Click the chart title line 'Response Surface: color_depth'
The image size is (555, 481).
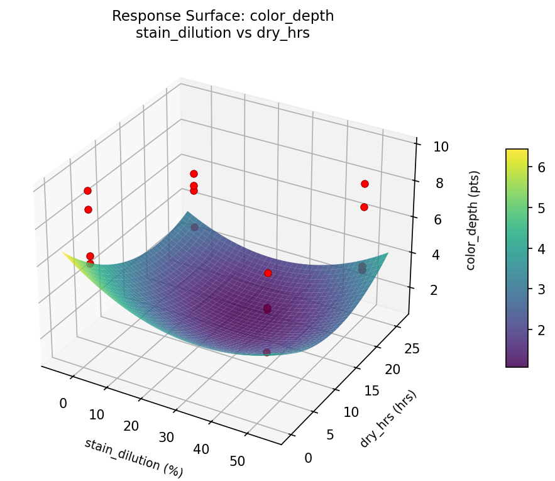pos(223,16)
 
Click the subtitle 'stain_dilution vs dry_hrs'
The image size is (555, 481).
pos(223,33)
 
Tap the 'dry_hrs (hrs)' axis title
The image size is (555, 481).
pos(388,419)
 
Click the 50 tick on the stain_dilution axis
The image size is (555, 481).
pos(238,462)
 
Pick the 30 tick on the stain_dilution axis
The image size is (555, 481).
pos(167,438)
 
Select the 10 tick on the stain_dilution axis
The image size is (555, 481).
pos(97,414)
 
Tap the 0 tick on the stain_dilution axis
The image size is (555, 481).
pos(63,403)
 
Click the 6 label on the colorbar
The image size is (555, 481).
pos(538,167)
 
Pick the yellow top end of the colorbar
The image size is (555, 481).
pos(517,152)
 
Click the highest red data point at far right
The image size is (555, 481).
pos(365,184)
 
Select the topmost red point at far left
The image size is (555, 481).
pos(87,191)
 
